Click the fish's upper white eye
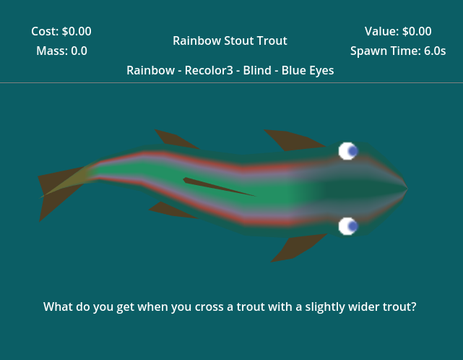coord(348,151)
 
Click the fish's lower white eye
coord(348,226)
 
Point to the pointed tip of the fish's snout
coord(408,188)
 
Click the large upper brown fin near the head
coord(293,140)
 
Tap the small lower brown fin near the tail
coord(171,210)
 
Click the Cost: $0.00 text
coord(61,31)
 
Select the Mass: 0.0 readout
coord(61,51)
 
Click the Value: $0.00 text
coord(398,31)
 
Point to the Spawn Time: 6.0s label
coord(398,51)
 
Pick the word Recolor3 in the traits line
coord(209,70)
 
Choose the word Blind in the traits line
coord(257,70)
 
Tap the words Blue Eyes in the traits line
coord(308,70)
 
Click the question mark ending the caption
coord(413,307)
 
